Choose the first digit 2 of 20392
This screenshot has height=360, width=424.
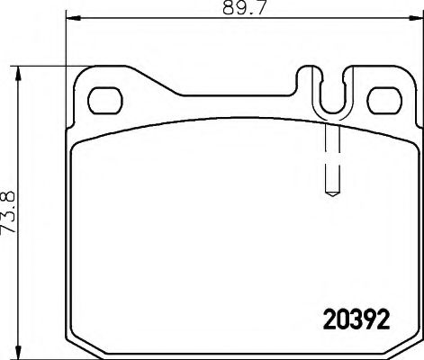point(329,319)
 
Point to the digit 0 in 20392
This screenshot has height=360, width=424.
point(342,319)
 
